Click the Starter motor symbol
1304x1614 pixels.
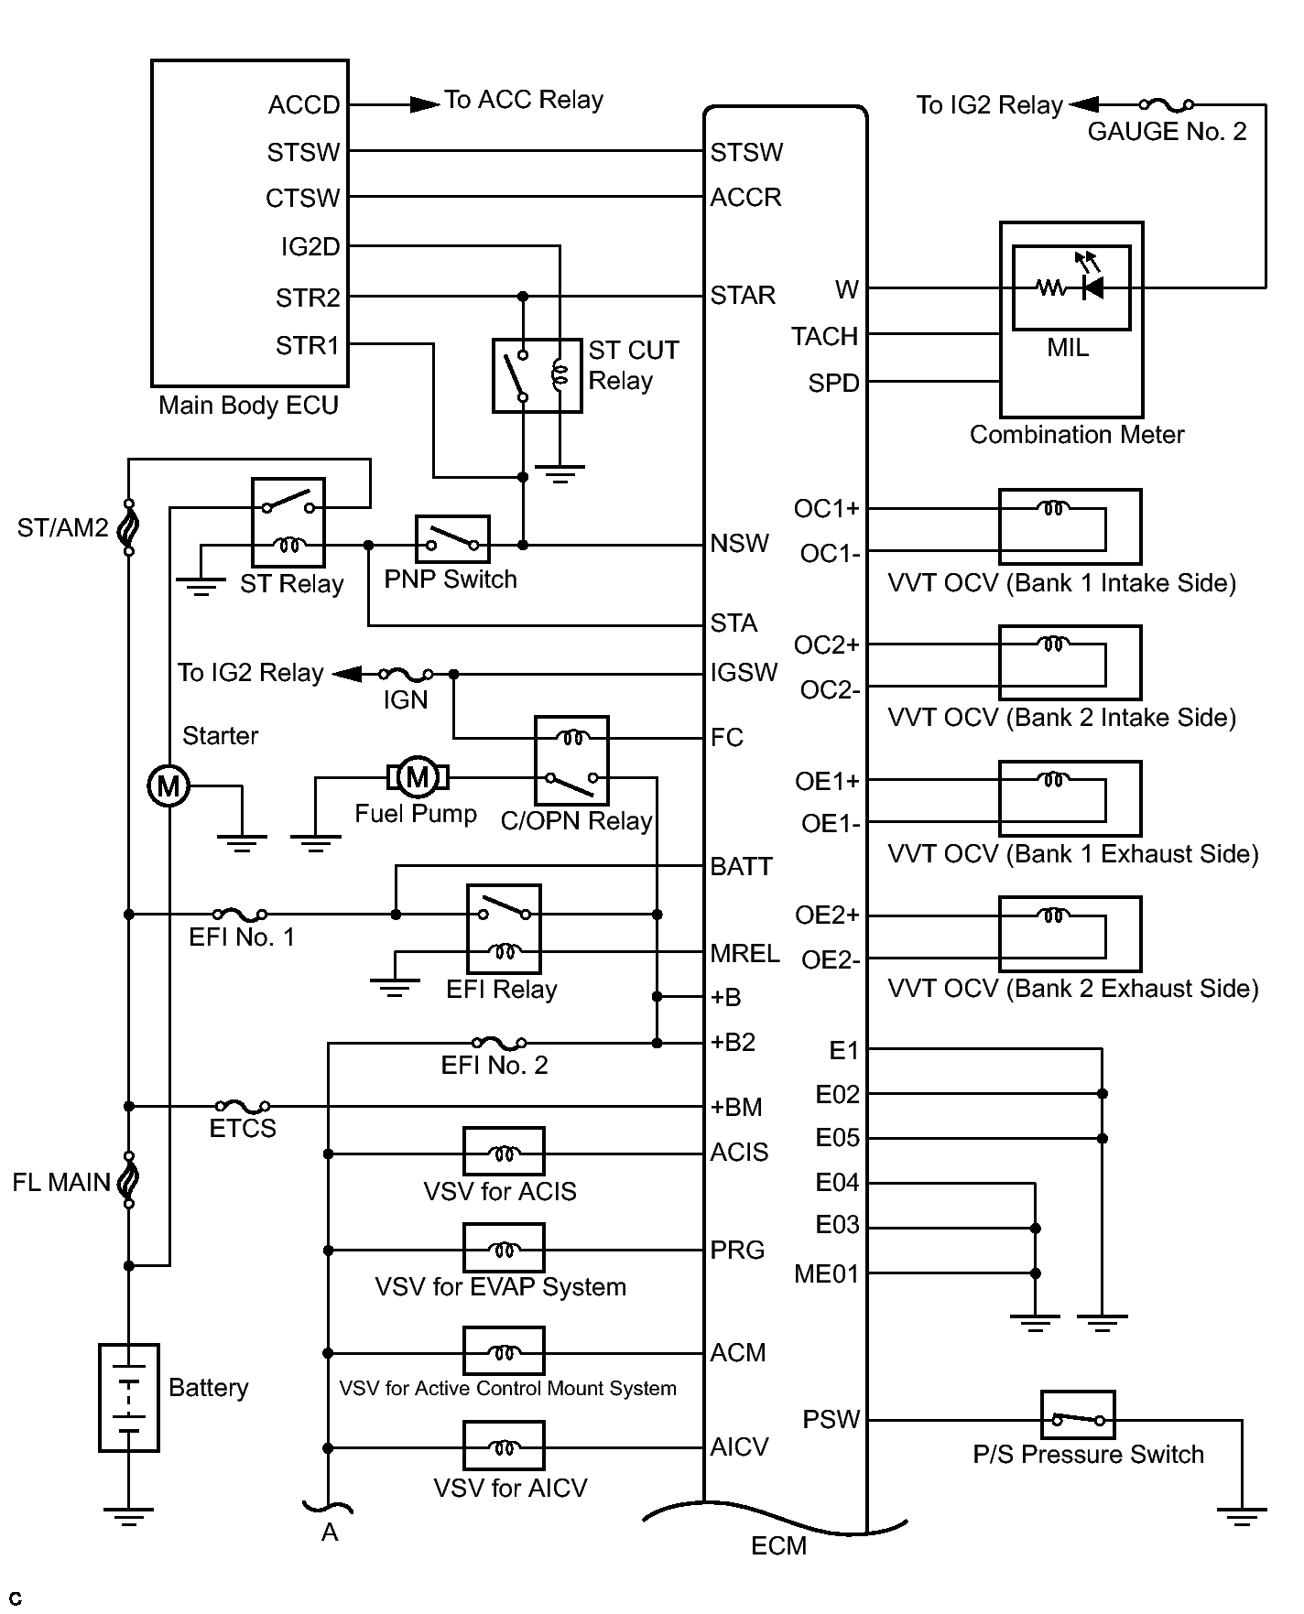click(168, 785)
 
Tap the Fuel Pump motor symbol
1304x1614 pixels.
click(417, 777)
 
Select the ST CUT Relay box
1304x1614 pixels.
click(537, 375)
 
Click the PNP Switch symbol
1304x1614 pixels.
click(452, 539)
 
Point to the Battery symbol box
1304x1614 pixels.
click(129, 1397)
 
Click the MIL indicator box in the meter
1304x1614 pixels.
click(1070, 287)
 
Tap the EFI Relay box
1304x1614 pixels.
click(504, 928)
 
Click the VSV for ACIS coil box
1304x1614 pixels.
click(504, 1151)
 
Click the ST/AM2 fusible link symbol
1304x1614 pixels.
click(129, 527)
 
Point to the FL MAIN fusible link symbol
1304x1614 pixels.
click(129, 1180)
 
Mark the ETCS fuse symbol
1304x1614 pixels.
click(242, 1106)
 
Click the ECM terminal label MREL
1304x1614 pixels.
click(744, 953)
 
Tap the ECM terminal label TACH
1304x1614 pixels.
click(824, 336)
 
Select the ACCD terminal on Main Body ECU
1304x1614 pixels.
click(304, 105)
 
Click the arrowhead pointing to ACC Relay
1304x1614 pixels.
click(424, 104)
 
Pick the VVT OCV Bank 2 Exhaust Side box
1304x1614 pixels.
click(1070, 933)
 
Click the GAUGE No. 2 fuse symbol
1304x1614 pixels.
click(1166, 104)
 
